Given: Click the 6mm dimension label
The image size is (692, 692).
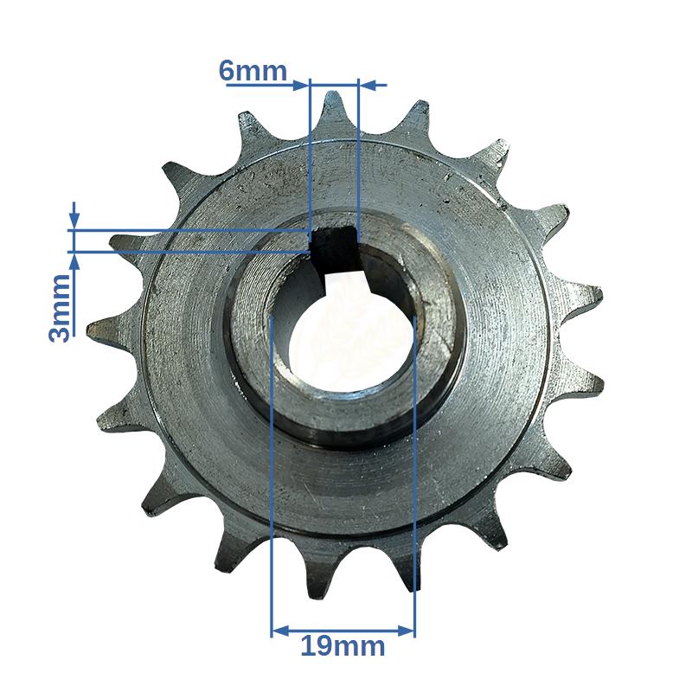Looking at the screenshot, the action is click(253, 71).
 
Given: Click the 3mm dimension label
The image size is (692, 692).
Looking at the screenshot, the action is click(60, 308).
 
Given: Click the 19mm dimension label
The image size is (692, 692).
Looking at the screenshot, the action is click(343, 647).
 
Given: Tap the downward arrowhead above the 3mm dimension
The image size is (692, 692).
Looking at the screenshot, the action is click(74, 221).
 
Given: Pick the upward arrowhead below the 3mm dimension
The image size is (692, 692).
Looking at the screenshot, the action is click(74, 262).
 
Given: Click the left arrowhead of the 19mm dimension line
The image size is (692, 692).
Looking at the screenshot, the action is click(280, 631).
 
